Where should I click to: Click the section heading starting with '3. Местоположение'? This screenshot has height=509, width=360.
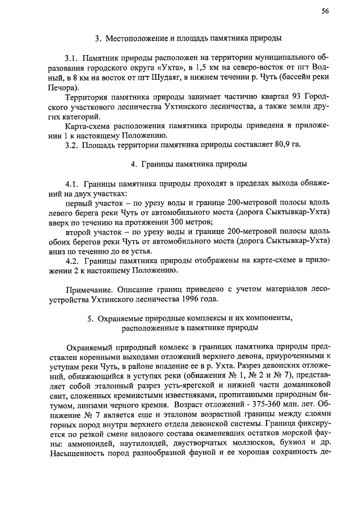pyautogui.click(x=188, y=38)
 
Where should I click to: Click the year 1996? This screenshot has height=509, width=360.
pyautogui.click(x=196, y=298)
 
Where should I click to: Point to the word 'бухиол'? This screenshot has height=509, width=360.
pyautogui.click(x=275, y=444)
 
